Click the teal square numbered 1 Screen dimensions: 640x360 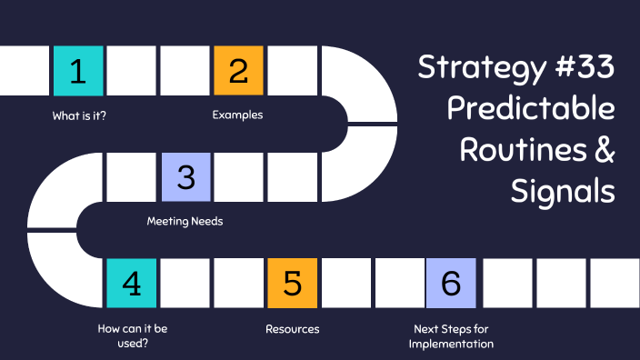pos(78,71)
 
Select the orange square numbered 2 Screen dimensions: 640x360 pos(238,71)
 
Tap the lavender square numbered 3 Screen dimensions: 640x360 pos(185,176)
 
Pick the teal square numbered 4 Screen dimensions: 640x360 pos(132,283)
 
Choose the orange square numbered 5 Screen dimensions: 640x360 pos(292,283)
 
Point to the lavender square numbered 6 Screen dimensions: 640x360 pos(451,283)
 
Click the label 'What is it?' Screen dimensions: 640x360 pos(79,115)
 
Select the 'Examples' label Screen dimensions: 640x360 pos(238,115)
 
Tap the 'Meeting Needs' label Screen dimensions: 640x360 pos(185,221)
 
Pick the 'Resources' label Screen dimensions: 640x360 pos(292,328)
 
